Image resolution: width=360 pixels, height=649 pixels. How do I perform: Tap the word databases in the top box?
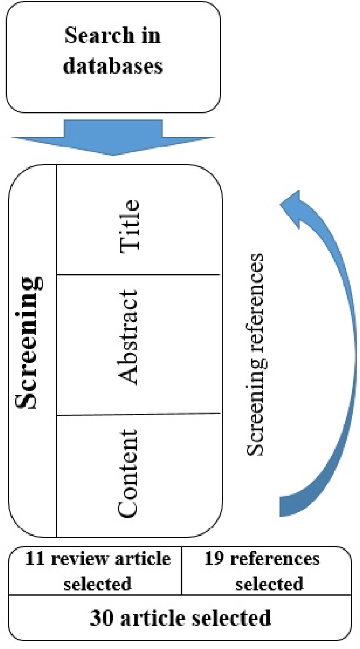113,66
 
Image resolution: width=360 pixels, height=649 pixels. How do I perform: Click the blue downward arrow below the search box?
113,137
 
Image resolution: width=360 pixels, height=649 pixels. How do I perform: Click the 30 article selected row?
180,617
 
